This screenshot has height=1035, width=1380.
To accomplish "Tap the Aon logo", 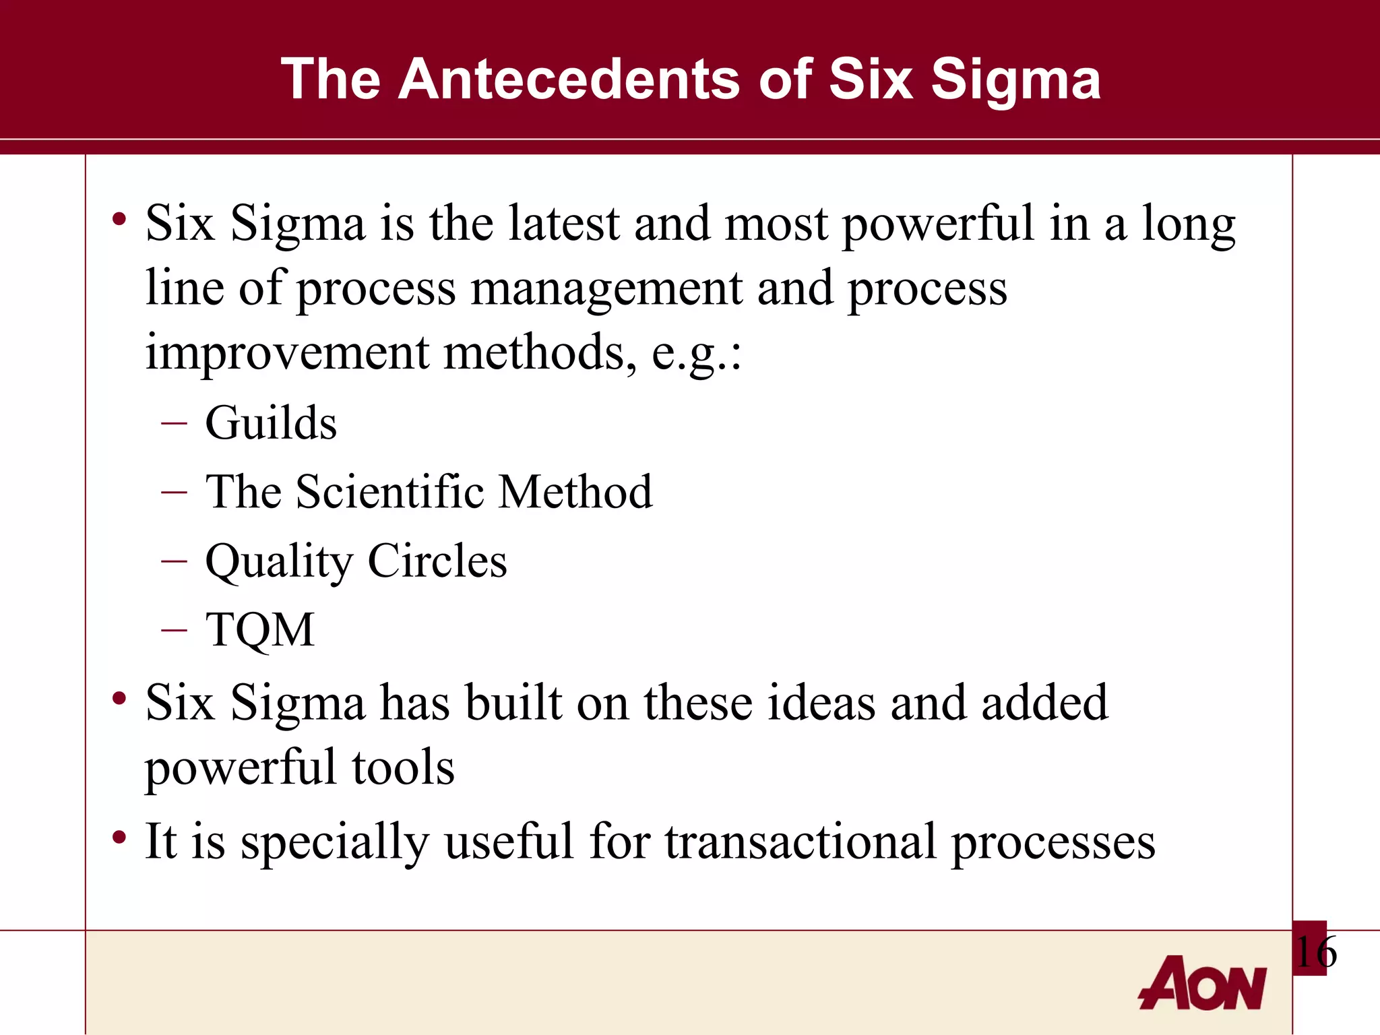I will [1203, 983].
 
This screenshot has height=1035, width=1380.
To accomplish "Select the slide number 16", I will [1315, 952].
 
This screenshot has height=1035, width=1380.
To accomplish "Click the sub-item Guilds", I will [271, 423].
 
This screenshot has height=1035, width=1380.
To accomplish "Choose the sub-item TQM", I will [260, 629].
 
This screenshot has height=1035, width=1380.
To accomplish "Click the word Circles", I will [437, 561].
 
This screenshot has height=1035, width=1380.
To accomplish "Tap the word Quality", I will [279, 562].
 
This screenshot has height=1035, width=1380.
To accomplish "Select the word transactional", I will [801, 842].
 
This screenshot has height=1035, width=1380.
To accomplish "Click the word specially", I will [335, 843].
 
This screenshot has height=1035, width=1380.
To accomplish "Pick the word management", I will [606, 289].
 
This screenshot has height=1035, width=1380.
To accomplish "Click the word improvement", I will [287, 352].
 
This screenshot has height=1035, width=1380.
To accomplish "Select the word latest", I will [563, 223].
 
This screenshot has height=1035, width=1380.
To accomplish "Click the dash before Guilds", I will [174, 423].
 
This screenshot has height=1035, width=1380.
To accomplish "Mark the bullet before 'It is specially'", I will [119, 838].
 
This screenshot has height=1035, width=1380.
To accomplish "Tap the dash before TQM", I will [174, 629].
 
